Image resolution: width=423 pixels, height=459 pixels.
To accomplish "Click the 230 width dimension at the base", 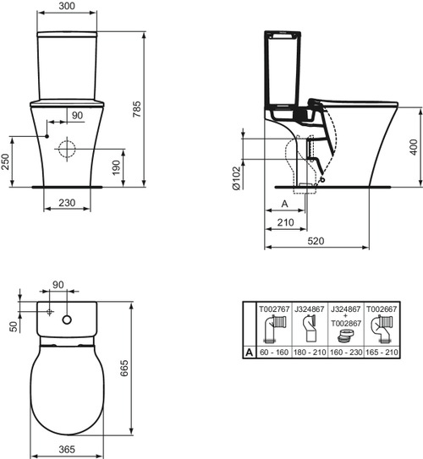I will click(69, 203).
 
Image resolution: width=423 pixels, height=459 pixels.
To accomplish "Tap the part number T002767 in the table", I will click(273, 310).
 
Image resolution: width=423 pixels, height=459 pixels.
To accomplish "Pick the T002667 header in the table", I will click(382, 310).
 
